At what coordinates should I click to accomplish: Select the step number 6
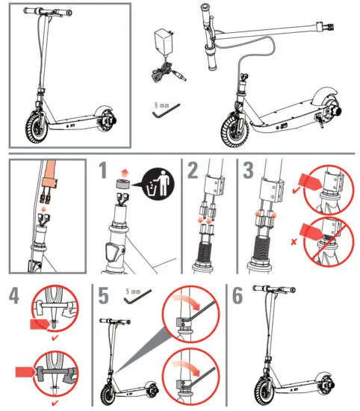238,297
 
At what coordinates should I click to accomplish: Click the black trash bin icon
158,180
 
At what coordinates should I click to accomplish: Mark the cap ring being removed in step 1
123,183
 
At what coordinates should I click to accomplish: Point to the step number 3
248,170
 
